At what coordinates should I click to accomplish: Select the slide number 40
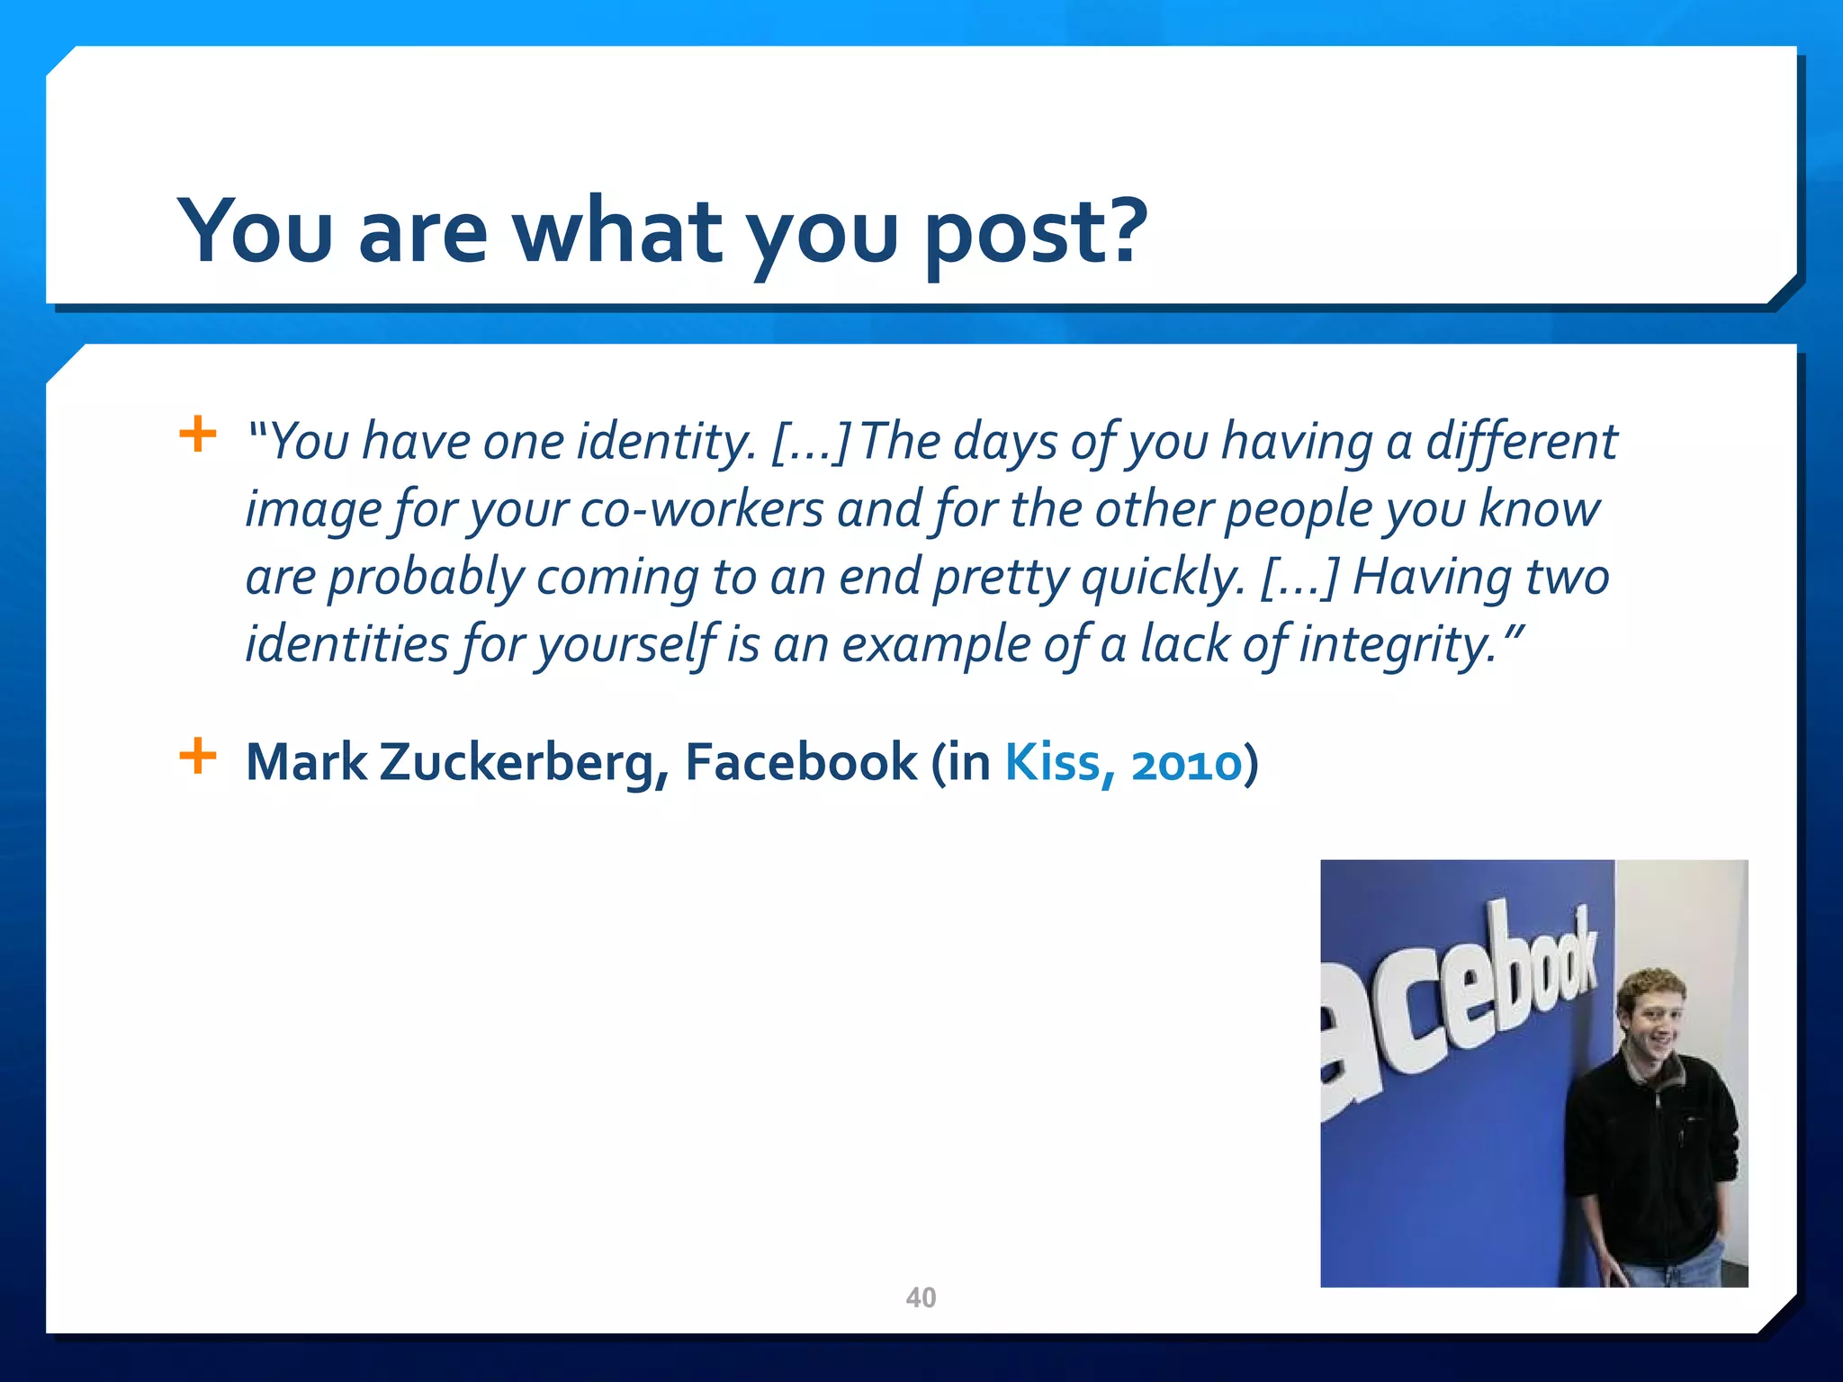(921, 1297)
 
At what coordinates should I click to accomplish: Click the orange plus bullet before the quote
(198, 435)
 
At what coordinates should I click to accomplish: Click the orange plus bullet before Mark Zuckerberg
(198, 756)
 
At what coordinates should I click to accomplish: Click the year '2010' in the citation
(1186, 765)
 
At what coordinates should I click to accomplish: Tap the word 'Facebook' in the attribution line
(801, 763)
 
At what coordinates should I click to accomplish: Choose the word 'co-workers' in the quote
(702, 510)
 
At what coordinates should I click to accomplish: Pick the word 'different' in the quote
(1521, 443)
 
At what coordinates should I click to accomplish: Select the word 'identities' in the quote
(347, 644)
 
